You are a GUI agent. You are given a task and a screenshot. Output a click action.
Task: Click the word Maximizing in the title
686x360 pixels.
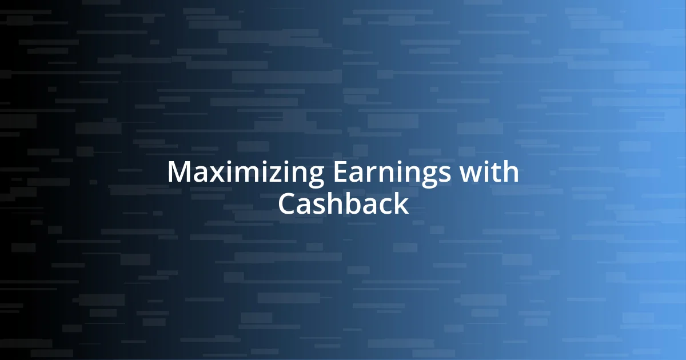pyautogui.click(x=245, y=173)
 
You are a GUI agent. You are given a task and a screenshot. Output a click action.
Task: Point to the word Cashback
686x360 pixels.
pyautogui.click(x=343, y=203)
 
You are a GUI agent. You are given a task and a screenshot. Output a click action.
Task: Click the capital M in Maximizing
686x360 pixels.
pyautogui.click(x=178, y=173)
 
